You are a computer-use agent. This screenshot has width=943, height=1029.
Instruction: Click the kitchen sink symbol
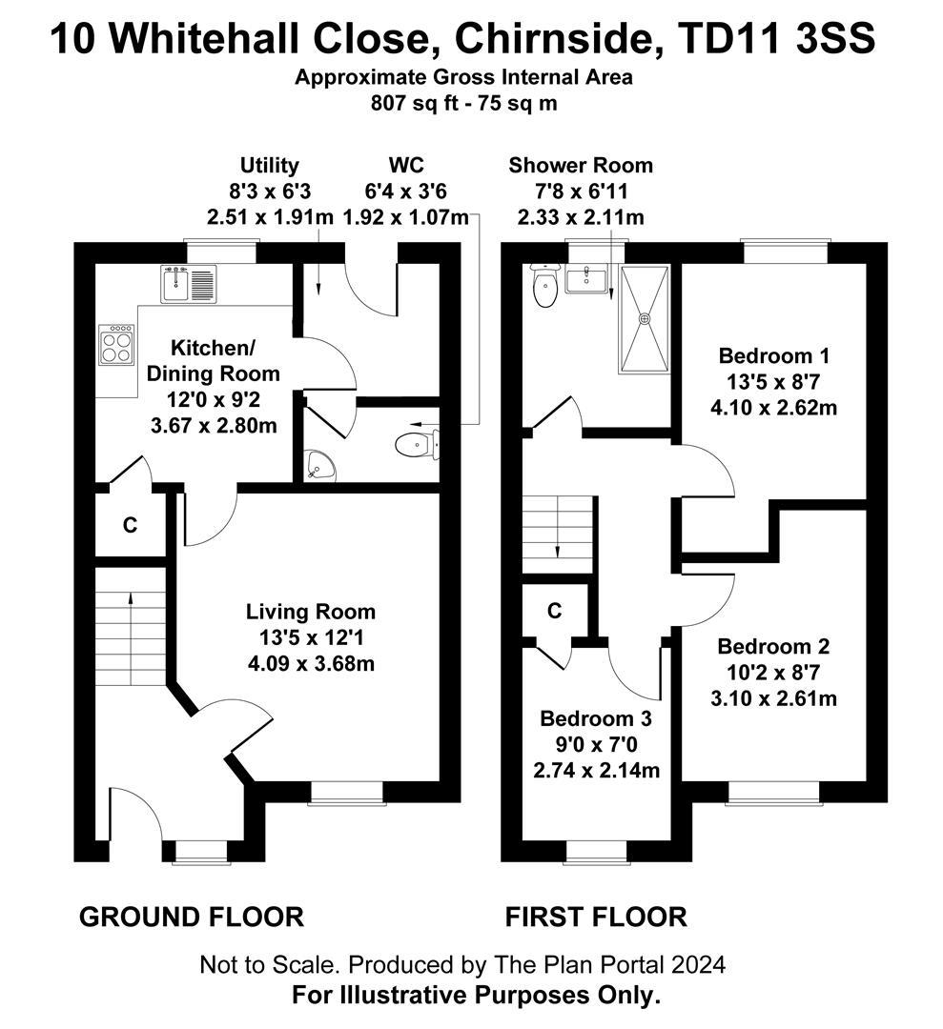point(190,284)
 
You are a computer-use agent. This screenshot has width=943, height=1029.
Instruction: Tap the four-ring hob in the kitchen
point(117,345)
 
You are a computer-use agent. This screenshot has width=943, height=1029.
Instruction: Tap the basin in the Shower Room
point(584,280)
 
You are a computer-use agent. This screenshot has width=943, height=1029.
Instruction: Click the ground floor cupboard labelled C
point(131,524)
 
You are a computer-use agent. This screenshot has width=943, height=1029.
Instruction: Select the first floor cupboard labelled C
point(554,612)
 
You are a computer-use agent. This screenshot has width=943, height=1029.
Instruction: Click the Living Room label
point(310,612)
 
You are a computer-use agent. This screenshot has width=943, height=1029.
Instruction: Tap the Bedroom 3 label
point(596,718)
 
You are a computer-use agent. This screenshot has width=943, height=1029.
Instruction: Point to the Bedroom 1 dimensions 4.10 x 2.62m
point(774,408)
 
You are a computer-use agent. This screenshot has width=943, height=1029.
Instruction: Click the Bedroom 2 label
point(773,647)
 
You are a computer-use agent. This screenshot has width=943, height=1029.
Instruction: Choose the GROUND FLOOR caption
point(191,917)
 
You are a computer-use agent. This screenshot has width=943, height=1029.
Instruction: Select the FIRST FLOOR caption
point(595,917)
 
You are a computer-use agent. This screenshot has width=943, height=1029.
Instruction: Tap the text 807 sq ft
point(416,103)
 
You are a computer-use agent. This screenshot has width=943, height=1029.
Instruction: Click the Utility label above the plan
point(269,166)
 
